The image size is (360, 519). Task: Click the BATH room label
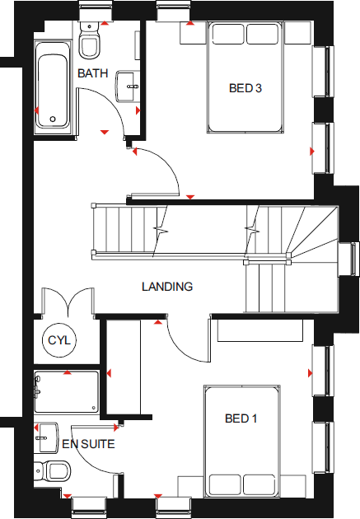point(93,73)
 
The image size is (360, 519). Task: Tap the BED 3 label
point(245,88)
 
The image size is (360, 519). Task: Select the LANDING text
point(167,288)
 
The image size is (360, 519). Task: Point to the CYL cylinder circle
point(58,340)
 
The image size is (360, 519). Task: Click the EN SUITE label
point(88,444)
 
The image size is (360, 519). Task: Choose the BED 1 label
point(241,419)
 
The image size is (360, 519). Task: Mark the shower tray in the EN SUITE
point(67,392)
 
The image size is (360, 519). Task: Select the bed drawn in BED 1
point(243,440)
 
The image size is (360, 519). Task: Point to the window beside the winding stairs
point(354,259)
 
